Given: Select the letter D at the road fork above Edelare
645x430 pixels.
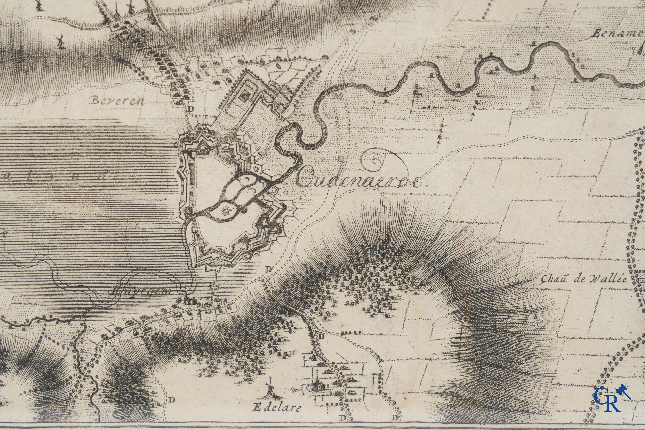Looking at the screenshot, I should [x=321, y=336].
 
